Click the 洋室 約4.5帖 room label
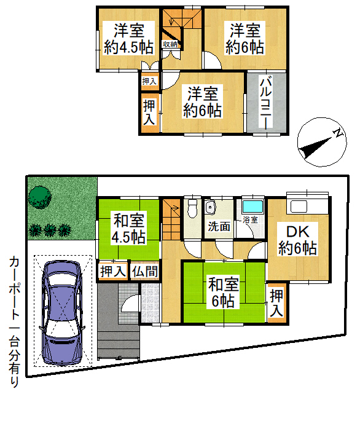[x=129, y=39]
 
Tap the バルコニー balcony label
[x=266, y=103]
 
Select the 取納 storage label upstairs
[x=170, y=44]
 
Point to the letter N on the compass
[x=338, y=133]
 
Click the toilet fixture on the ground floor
[x=192, y=208]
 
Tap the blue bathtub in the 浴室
[x=252, y=207]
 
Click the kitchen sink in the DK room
[x=299, y=207]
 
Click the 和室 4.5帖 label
[x=128, y=229]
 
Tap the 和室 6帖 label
[x=224, y=293]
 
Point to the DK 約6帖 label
[x=297, y=240]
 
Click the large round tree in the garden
[x=40, y=197]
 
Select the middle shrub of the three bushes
[x=50, y=230]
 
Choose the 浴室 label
[x=250, y=219]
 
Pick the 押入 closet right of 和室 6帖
[x=276, y=302]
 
